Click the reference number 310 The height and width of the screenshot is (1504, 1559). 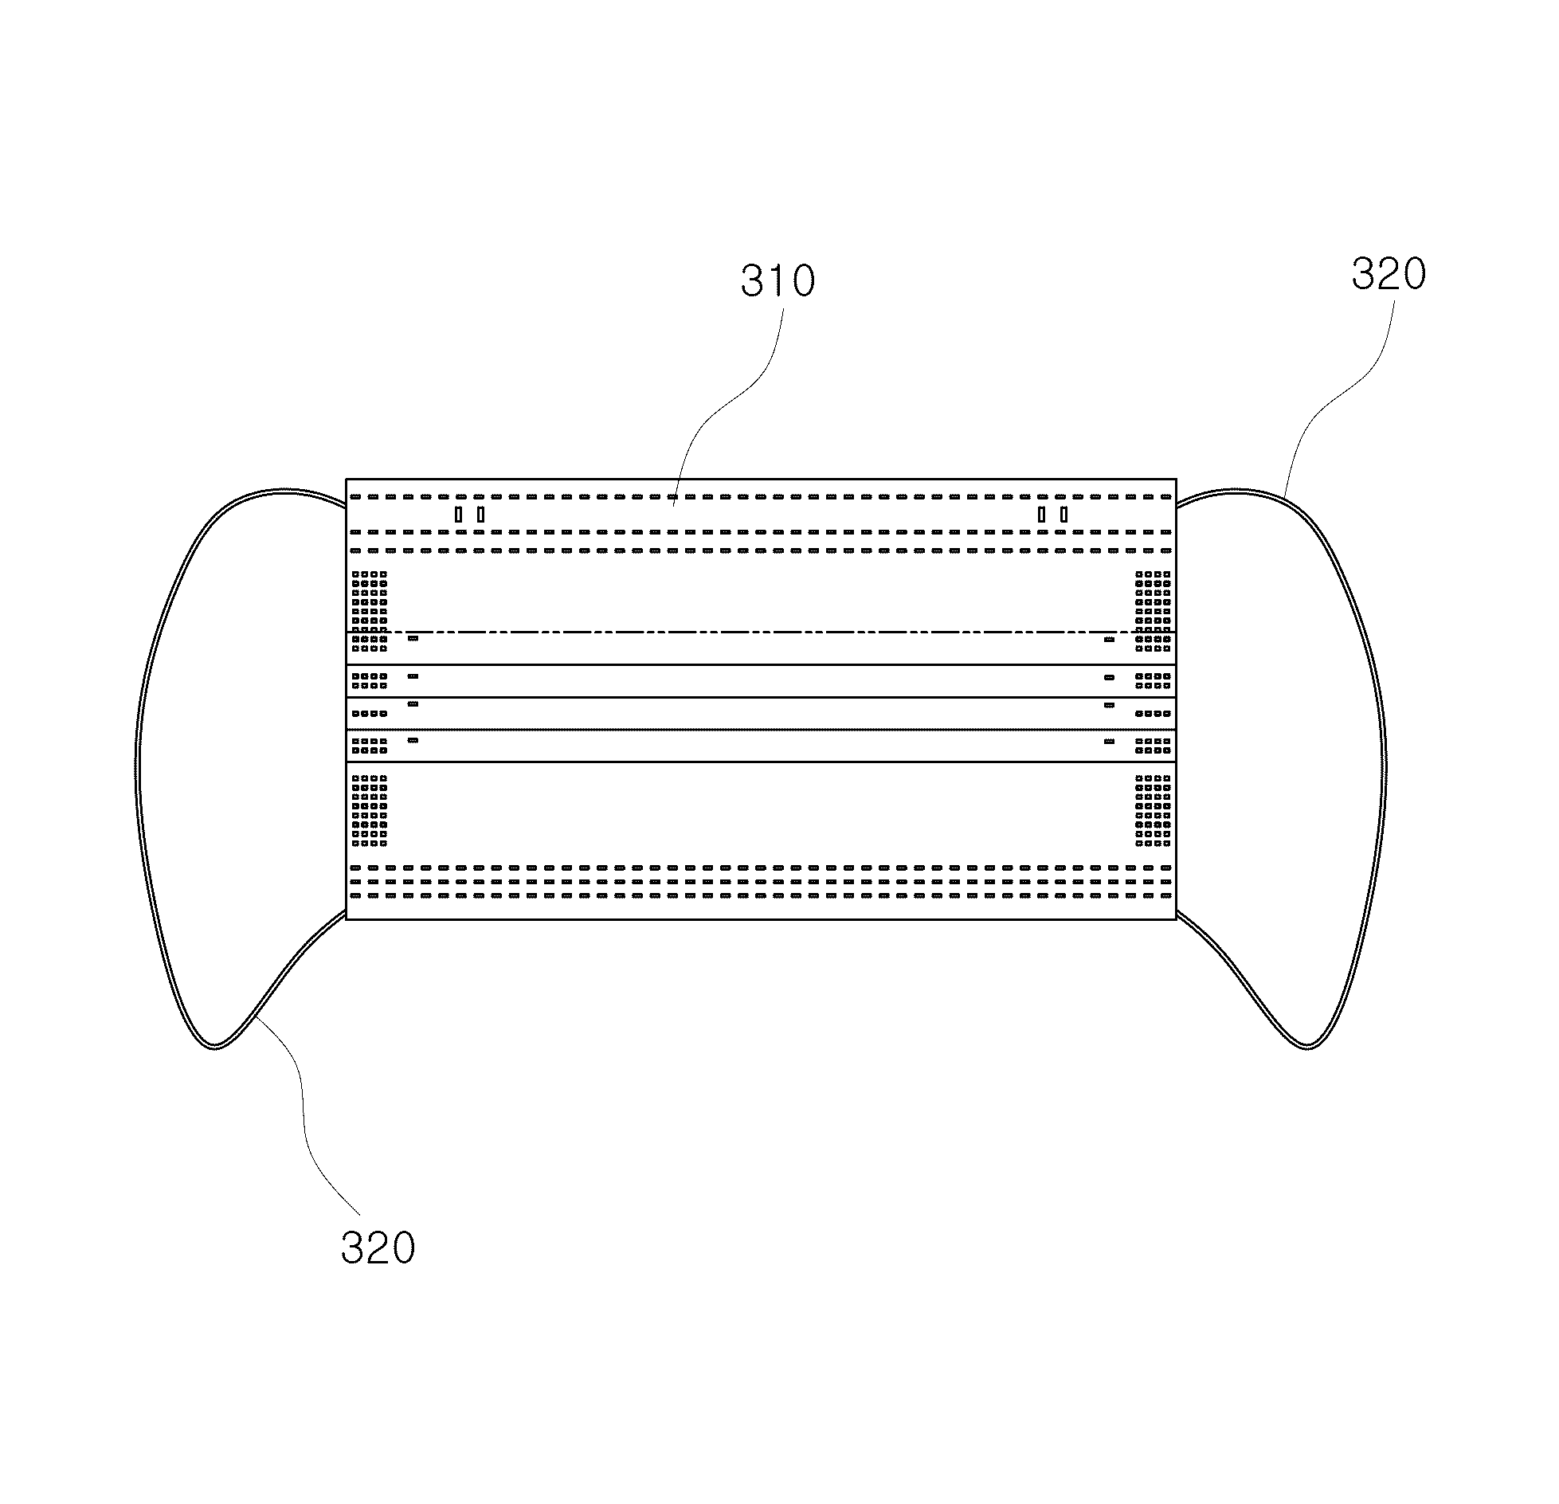click(778, 280)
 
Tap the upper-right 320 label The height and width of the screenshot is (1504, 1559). click(1389, 273)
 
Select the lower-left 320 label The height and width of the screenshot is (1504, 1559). click(378, 1247)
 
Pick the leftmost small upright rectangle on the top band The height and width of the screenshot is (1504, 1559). click(458, 515)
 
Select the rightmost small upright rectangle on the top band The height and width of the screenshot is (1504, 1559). click(1063, 515)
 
